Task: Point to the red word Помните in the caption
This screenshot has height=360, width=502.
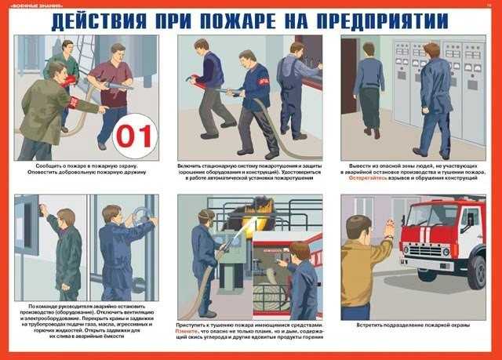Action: tap(188, 332)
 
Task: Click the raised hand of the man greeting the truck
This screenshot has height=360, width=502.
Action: tap(389, 228)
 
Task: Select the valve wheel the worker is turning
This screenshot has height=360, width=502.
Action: tap(140, 216)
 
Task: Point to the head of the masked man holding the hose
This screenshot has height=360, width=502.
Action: tap(207, 216)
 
